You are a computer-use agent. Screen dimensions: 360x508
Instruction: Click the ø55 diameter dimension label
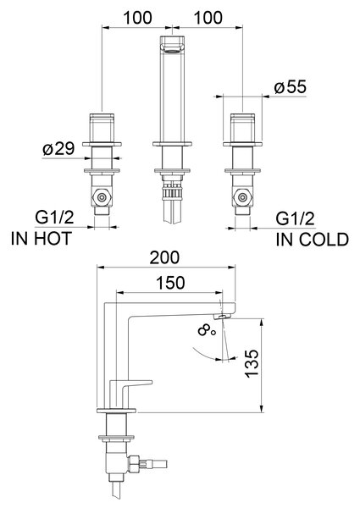(290, 87)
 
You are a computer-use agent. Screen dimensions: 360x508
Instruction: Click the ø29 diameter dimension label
(58, 149)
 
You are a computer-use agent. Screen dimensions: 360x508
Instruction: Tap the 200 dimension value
(164, 258)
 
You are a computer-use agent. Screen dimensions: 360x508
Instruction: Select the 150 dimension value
(170, 283)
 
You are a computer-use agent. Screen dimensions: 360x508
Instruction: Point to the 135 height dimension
(252, 363)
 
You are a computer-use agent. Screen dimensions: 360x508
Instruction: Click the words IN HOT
(42, 239)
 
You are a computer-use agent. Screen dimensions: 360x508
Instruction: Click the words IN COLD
(313, 240)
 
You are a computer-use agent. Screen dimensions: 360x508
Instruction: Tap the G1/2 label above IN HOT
(54, 218)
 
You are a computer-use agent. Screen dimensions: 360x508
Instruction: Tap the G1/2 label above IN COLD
(295, 219)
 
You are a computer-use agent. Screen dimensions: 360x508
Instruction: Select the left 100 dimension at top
(138, 18)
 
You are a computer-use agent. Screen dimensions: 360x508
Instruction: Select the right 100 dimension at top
(208, 18)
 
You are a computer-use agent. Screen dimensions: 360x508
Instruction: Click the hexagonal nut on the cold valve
(242, 197)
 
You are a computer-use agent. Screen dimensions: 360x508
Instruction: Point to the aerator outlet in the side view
(222, 317)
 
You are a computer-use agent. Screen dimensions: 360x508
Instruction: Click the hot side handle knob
(102, 129)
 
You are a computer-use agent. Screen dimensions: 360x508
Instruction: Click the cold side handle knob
(242, 129)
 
